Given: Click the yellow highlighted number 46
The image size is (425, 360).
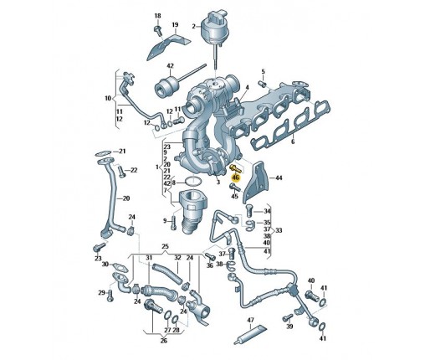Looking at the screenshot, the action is coord(236,177).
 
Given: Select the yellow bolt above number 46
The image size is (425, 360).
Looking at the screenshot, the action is coord(234,168).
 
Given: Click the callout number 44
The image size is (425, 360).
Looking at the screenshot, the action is coord(279,177).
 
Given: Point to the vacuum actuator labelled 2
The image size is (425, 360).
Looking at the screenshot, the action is coord(215,28).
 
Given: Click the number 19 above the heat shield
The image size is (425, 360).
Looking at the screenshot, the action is coord(175,25).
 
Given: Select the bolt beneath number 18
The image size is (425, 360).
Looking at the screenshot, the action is coord(158,30).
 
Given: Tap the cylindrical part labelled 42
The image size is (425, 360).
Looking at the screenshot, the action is coord(167,85).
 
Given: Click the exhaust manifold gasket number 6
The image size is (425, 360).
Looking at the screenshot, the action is coord(293,141).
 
